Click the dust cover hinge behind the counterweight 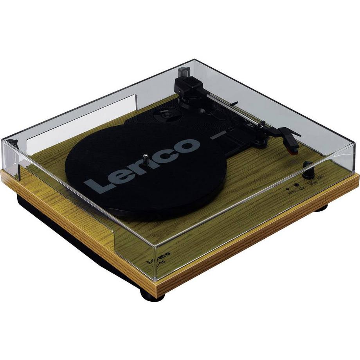[182, 72]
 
